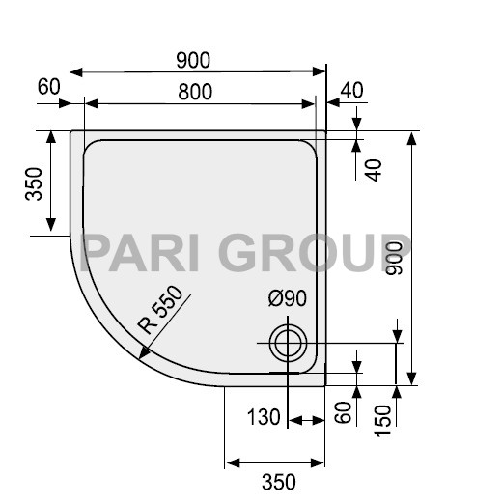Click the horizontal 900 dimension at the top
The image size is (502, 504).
(x=194, y=60)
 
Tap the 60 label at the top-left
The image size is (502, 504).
(x=49, y=88)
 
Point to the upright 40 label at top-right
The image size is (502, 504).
(x=352, y=90)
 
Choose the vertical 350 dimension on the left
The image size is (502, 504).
(x=33, y=183)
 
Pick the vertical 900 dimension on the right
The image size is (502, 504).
(x=395, y=258)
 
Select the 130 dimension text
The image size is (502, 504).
(x=263, y=418)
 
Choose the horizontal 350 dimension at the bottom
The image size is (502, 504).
(x=276, y=480)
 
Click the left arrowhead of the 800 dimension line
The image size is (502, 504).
(x=91, y=104)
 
